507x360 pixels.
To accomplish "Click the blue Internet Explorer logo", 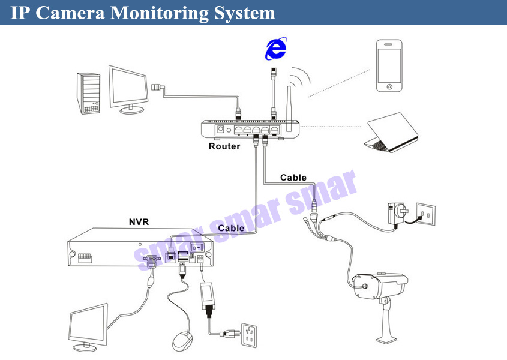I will [x=275, y=49].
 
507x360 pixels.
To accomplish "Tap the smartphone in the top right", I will [x=389, y=65].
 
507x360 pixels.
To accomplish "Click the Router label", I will [x=224, y=146].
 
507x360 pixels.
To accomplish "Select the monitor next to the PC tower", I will [x=128, y=87].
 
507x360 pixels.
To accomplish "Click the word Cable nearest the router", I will [x=293, y=178].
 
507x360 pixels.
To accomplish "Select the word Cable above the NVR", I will [x=231, y=228].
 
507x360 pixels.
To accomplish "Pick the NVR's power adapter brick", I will [x=208, y=294].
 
